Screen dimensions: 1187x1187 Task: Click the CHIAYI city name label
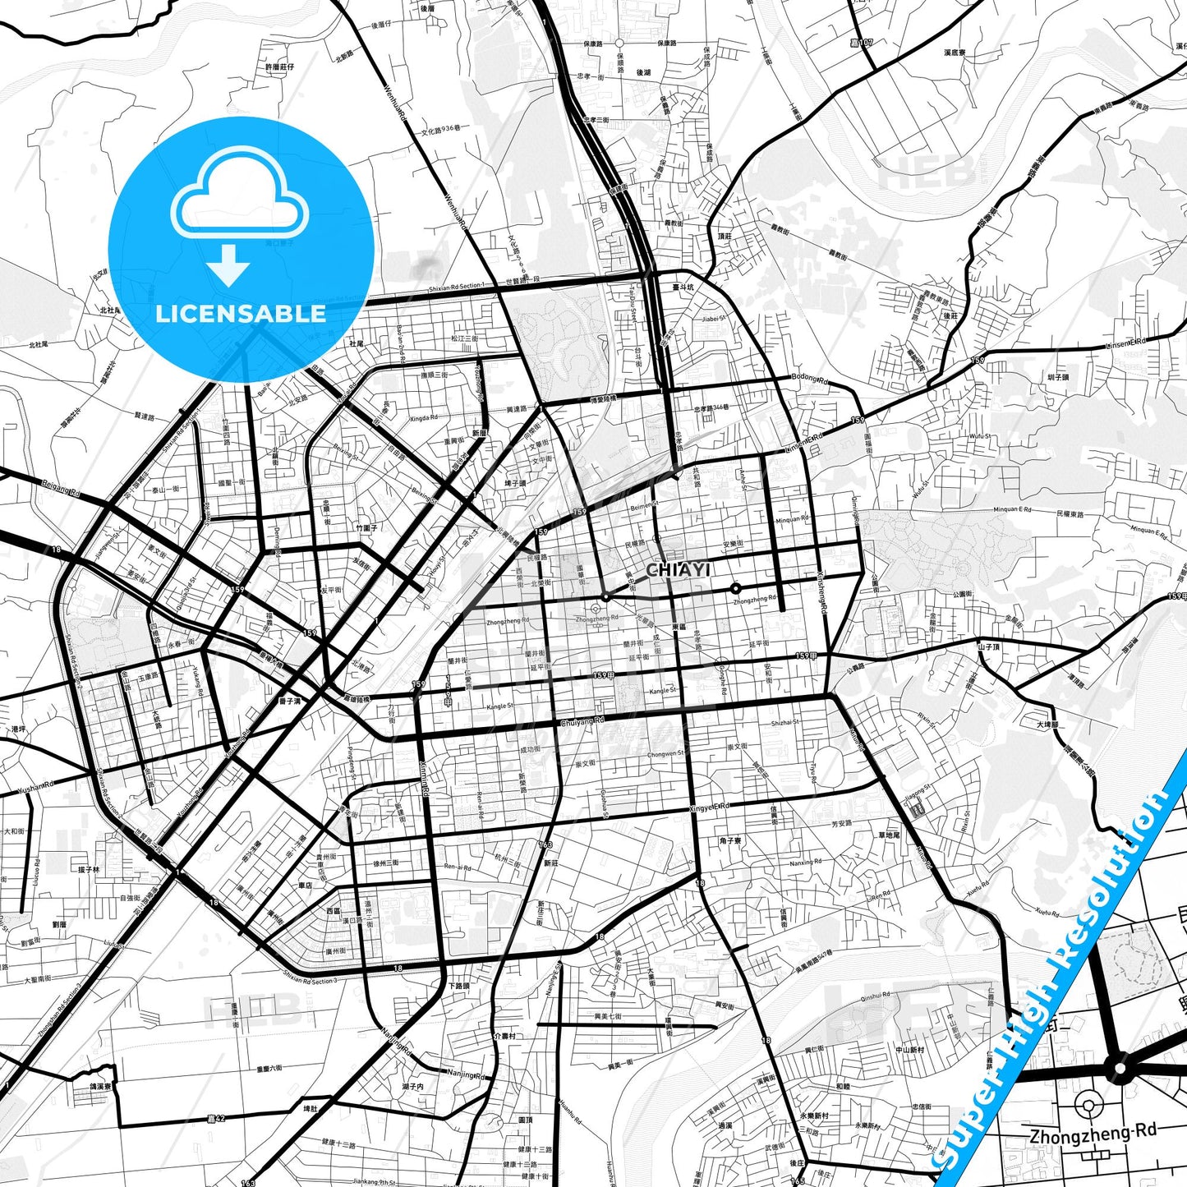point(678,570)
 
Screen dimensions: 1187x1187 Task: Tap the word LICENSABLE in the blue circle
point(241,313)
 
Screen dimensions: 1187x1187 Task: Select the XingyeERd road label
point(709,808)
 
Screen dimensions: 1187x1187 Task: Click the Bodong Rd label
point(810,379)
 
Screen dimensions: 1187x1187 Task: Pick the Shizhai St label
point(784,723)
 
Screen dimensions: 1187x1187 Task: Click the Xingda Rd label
point(424,417)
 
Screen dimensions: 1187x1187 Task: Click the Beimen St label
point(644,507)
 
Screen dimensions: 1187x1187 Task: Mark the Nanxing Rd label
point(806,863)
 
